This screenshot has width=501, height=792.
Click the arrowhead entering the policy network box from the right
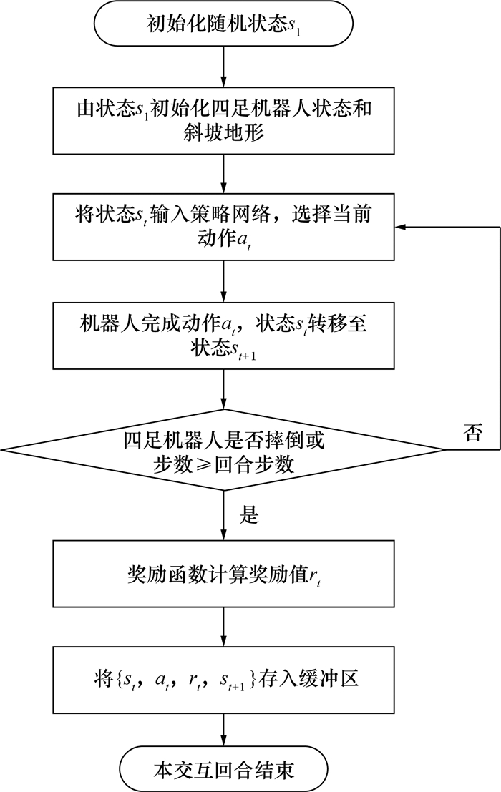(402, 227)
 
